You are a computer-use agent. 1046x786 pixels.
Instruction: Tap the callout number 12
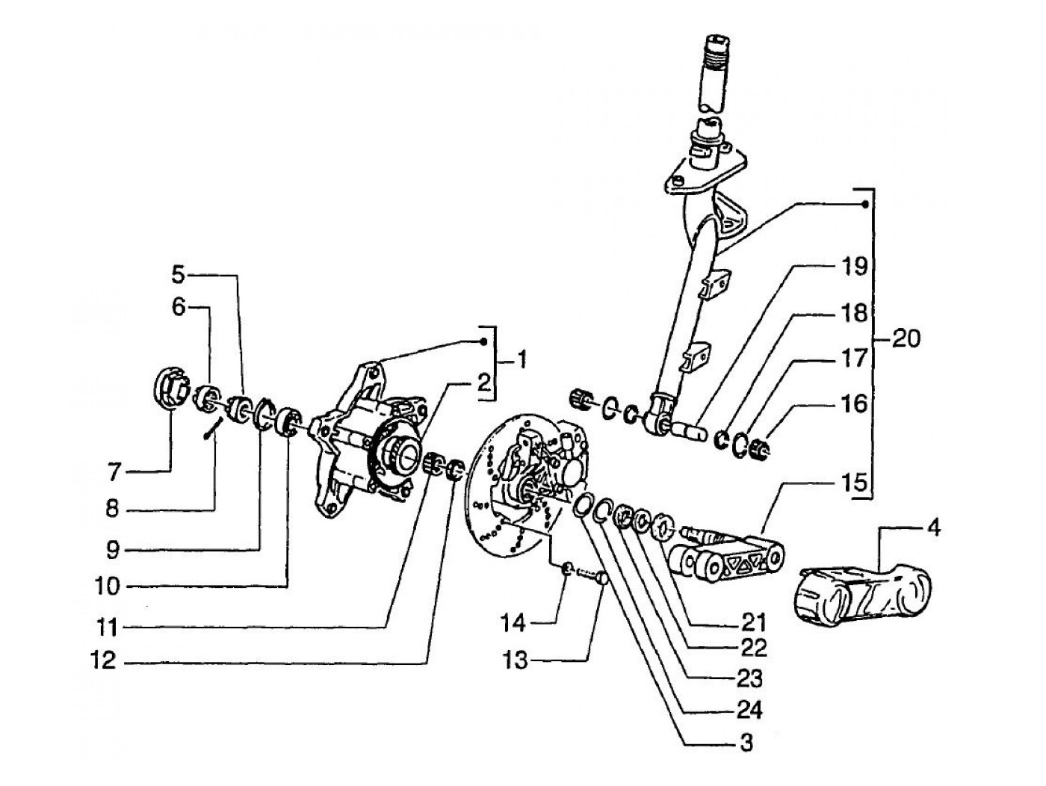pyautogui.click(x=103, y=660)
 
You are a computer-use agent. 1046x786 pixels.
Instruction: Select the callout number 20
pyautogui.click(x=906, y=339)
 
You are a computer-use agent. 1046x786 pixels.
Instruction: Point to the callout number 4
pyautogui.click(x=934, y=527)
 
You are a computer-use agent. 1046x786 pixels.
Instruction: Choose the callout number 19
pyautogui.click(x=854, y=267)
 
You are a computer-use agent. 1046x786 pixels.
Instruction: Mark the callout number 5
pyautogui.click(x=178, y=275)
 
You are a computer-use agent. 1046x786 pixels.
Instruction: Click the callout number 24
pyautogui.click(x=749, y=711)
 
